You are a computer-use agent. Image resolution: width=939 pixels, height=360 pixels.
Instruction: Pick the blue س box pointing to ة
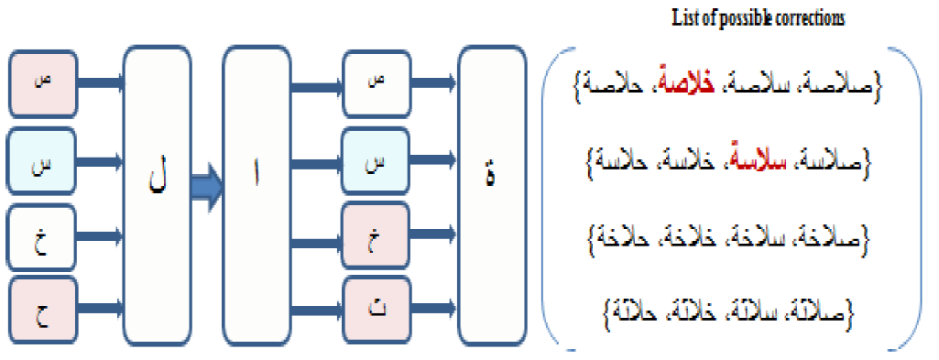(x=375, y=161)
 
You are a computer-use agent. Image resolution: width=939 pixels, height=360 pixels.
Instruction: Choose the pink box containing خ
(x=375, y=236)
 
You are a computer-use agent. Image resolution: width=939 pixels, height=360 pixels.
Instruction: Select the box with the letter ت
(x=375, y=310)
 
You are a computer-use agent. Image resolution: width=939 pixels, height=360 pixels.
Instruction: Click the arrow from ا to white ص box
(x=317, y=86)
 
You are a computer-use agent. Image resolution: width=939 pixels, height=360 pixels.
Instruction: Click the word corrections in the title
(x=810, y=17)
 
